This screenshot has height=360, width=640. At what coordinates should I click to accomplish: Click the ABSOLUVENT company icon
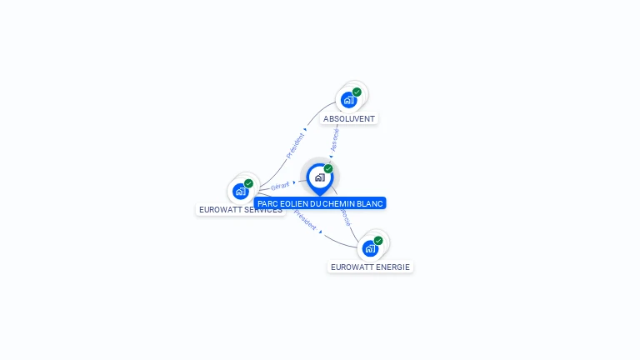tap(349, 100)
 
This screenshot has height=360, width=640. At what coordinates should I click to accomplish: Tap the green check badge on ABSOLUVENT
tap(357, 92)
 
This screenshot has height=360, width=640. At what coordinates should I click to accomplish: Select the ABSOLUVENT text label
tap(349, 119)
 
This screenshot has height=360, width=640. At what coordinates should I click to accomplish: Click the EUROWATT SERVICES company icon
tap(241, 191)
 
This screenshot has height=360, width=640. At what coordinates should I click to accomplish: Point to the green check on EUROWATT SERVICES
tap(248, 183)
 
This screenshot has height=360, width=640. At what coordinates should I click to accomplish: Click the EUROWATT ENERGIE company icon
tap(370, 248)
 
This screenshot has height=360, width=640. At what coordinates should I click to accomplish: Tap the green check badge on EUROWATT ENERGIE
tap(378, 241)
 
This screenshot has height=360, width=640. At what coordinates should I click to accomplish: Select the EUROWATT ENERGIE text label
tap(370, 267)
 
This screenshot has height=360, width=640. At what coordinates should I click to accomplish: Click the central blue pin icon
tap(319, 177)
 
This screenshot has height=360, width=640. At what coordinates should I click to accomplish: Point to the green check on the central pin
tap(328, 169)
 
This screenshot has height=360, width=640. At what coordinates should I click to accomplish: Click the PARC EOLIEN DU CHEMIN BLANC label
tap(320, 203)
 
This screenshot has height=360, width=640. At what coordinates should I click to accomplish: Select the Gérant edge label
tap(280, 186)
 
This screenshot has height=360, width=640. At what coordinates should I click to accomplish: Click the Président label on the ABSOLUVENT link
tap(295, 146)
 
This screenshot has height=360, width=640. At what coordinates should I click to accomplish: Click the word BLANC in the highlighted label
tap(370, 203)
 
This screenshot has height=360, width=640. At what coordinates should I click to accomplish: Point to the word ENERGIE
tap(392, 267)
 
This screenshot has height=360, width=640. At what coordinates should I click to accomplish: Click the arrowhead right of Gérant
tap(294, 182)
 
